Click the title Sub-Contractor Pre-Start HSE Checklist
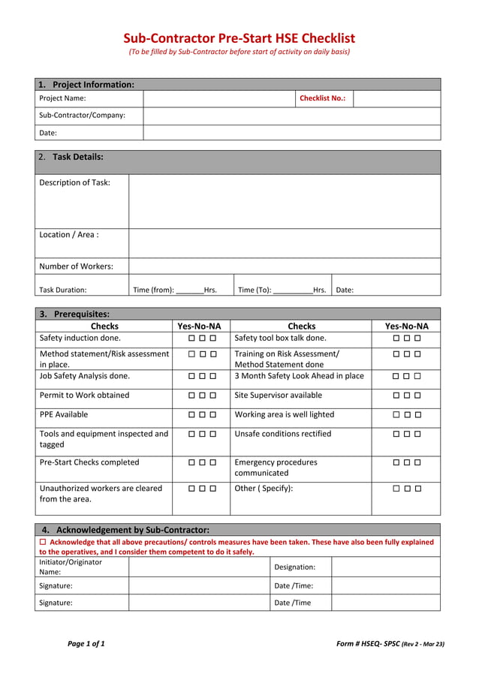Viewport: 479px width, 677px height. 239,38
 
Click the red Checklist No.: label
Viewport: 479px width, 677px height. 322,98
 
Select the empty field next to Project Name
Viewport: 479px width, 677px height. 218,98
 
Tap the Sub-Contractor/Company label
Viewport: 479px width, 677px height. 82,116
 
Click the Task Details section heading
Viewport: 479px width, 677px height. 77,157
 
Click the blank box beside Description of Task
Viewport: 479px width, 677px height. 284,201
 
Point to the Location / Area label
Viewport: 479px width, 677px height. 68,234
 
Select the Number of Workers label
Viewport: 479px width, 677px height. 76,266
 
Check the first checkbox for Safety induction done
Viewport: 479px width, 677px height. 192,338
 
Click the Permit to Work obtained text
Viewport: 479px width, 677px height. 84,395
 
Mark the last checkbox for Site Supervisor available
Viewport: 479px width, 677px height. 417,396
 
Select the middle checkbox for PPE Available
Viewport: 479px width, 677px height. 203,415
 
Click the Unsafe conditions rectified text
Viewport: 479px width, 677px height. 282,434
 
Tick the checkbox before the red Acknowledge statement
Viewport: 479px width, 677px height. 43,542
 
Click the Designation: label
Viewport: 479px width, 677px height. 294,567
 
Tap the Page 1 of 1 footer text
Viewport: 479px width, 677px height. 86,644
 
